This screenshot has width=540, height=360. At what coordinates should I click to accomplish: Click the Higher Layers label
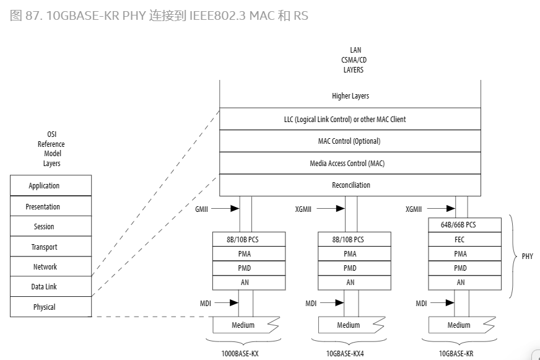tap(350, 96)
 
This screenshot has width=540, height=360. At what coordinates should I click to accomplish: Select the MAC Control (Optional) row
tap(350, 141)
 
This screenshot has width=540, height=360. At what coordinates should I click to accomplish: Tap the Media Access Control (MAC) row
tap(350, 164)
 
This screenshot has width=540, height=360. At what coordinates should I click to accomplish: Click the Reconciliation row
tap(350, 185)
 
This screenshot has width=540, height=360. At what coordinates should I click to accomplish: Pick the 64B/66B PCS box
tap(461, 224)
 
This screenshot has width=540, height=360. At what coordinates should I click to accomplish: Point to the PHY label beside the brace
tap(527, 256)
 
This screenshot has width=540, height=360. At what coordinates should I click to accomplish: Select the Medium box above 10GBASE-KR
tap(459, 325)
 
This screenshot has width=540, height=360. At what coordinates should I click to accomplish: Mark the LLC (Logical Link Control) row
tap(350, 119)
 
